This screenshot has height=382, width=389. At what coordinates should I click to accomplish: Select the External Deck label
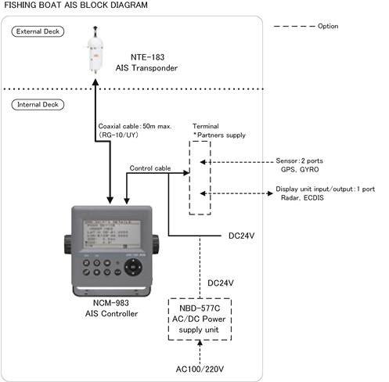[x=38, y=31]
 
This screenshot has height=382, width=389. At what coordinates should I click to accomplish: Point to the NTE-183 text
[x=146, y=57]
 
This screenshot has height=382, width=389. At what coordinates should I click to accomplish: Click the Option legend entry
[x=329, y=27]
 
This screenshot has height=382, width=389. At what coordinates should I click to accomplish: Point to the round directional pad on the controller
[x=137, y=268]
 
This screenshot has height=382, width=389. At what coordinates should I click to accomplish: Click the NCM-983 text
[x=110, y=303]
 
